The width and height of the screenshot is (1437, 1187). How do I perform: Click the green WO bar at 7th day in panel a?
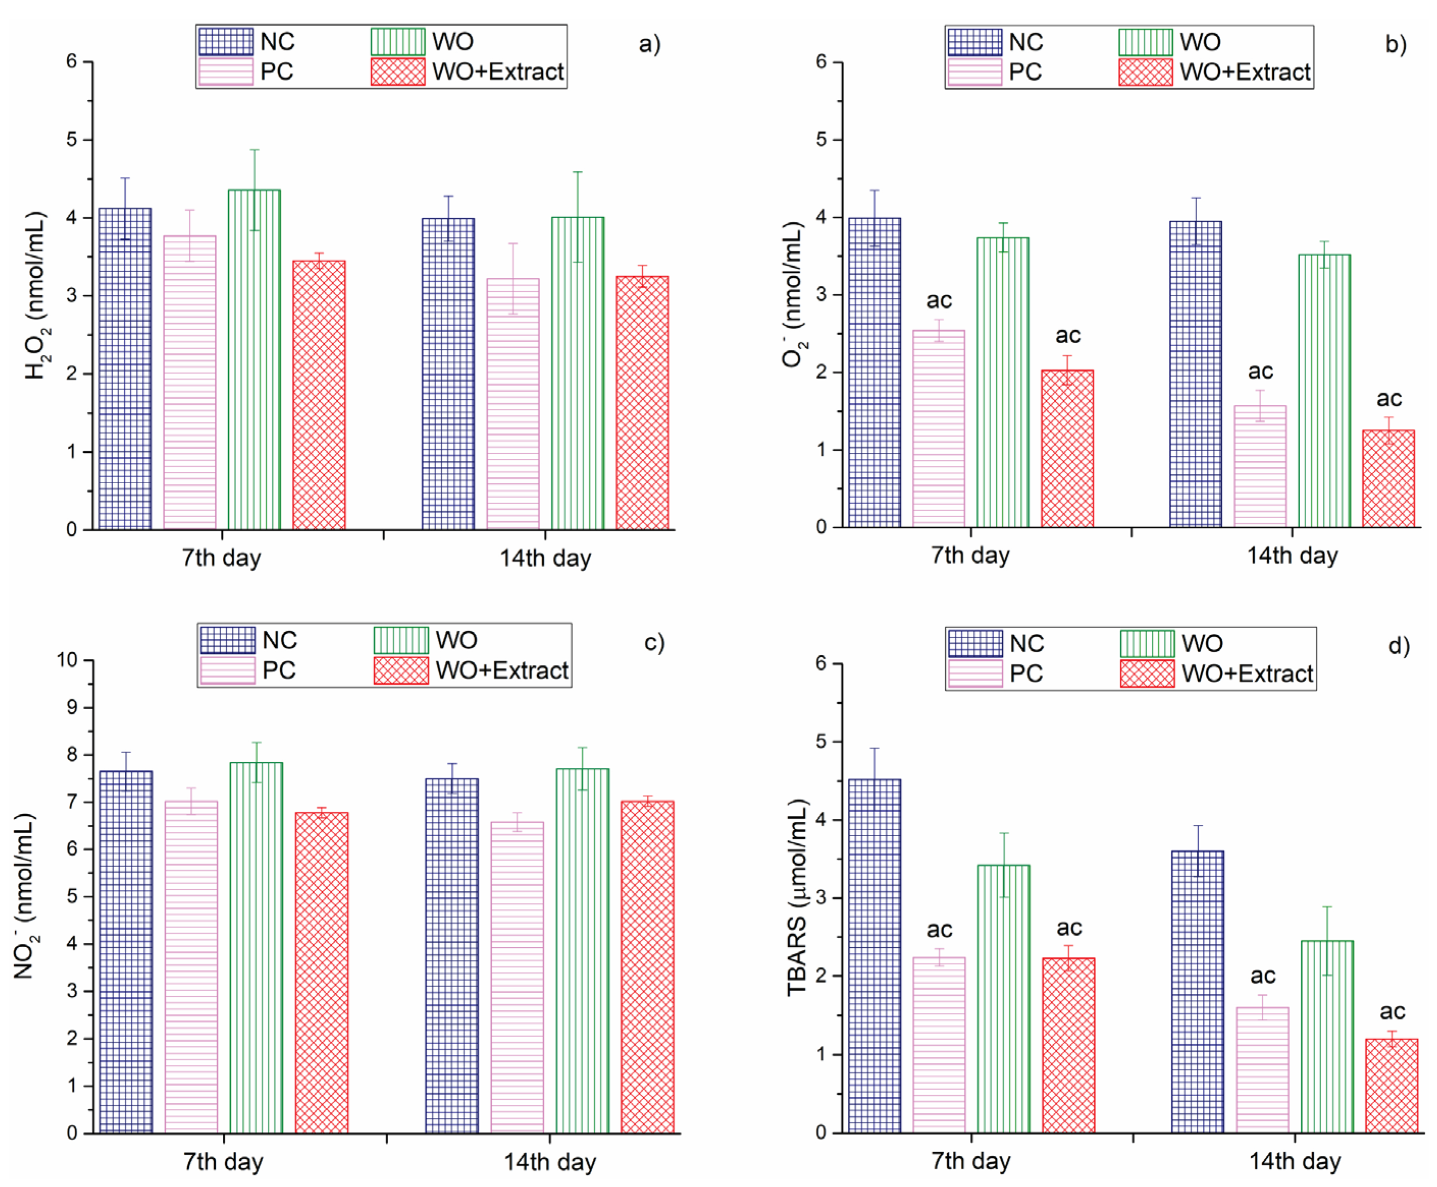pyautogui.click(x=254, y=359)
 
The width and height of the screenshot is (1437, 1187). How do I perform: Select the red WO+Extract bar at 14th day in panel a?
pyautogui.click(x=642, y=403)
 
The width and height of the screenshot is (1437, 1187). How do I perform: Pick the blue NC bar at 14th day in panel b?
pyautogui.click(x=1196, y=374)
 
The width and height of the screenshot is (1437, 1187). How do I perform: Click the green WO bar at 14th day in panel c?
pyautogui.click(x=582, y=950)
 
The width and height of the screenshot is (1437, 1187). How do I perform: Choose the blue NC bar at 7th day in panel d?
pyautogui.click(x=874, y=956)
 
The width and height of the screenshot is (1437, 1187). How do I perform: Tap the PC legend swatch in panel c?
pyautogui.click(x=228, y=670)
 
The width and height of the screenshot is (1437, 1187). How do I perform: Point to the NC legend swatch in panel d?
pyautogui.click(x=975, y=643)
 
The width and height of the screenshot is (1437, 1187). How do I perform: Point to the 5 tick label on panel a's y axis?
pyautogui.click(x=72, y=140)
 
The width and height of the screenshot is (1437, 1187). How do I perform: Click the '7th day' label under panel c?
pyautogui.click(x=223, y=1162)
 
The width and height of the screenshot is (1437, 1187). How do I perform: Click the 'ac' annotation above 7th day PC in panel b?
pyautogui.click(x=939, y=300)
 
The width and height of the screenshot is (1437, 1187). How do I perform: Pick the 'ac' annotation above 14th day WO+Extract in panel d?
pyautogui.click(x=1392, y=1011)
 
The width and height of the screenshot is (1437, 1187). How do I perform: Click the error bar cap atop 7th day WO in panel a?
pyautogui.click(x=255, y=149)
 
